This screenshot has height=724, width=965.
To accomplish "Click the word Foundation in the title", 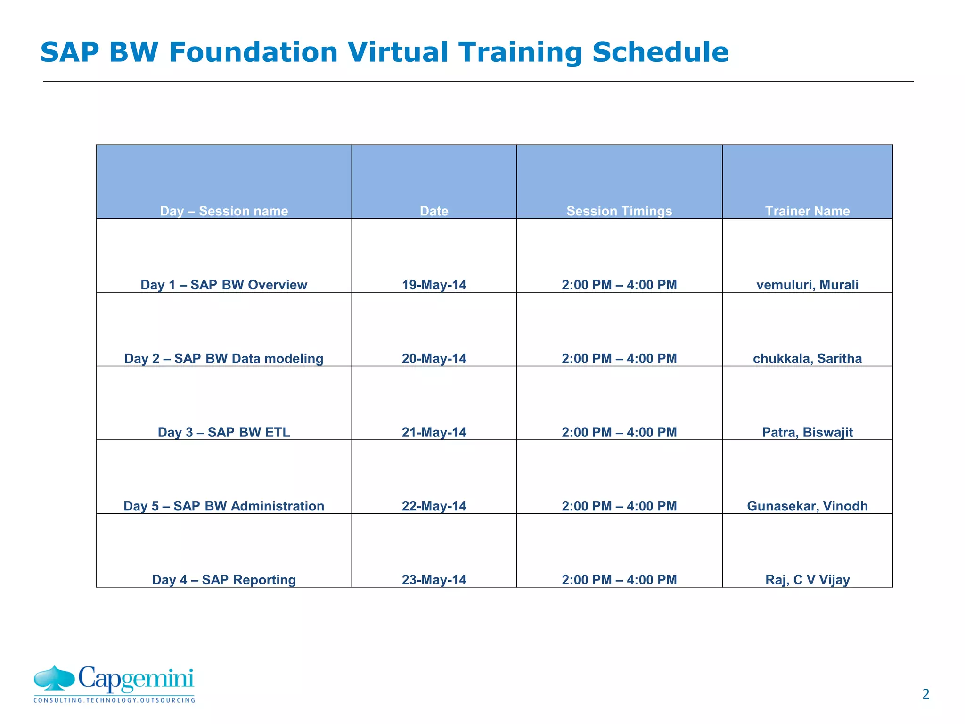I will [253, 52].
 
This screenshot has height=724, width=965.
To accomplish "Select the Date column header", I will [434, 211].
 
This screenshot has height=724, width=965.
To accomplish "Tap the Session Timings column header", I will [619, 211].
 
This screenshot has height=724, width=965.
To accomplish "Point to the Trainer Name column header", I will [807, 211].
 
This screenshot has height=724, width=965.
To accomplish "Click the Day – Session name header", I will [224, 211].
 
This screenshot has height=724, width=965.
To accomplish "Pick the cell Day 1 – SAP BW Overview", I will [224, 285].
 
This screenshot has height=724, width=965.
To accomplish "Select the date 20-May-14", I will [434, 358].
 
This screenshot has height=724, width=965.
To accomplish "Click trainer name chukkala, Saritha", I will [807, 358].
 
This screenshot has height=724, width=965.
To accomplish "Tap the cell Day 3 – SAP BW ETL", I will [224, 432].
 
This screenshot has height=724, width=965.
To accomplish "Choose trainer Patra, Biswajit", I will [807, 432].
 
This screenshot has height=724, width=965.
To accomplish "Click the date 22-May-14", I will [434, 506].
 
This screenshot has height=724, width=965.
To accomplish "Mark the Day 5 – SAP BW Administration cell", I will [224, 506].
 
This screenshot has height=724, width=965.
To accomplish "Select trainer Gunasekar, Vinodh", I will [807, 506].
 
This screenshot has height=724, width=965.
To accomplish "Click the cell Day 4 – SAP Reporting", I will [224, 580].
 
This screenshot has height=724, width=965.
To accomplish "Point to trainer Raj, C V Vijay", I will [807, 580].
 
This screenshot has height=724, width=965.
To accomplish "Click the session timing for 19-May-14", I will [619, 285].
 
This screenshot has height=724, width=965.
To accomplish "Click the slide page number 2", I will [925, 694].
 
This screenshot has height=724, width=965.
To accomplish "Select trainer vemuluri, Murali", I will [807, 285].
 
